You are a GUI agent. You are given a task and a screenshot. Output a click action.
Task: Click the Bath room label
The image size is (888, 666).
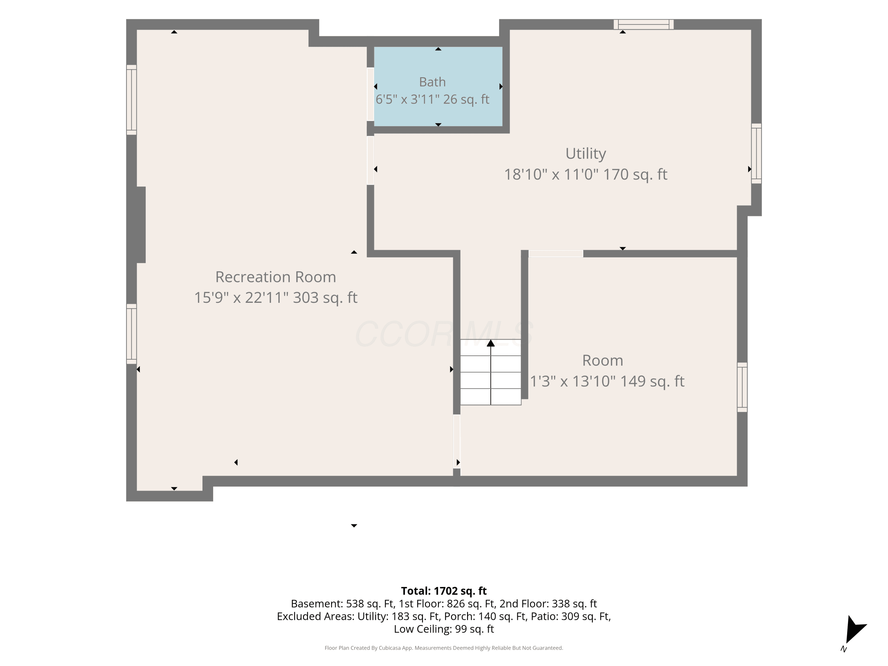point(432,82)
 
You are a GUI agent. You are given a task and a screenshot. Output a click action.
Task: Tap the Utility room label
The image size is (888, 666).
point(586,154)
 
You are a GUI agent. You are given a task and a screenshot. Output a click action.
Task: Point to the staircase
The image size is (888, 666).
point(490,372)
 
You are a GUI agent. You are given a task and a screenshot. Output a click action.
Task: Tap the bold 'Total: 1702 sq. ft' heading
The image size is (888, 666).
point(444,591)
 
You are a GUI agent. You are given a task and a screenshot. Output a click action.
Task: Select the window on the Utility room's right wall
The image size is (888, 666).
point(756,153)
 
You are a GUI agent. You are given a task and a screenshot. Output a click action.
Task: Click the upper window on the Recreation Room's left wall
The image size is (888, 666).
point(132,99)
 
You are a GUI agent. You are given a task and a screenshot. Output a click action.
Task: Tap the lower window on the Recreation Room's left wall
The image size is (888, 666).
point(132,334)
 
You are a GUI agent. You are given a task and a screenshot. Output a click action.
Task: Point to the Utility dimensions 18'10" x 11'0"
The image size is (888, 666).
point(551,175)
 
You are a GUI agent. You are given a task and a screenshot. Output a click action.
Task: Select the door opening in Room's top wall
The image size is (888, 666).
point(556,254)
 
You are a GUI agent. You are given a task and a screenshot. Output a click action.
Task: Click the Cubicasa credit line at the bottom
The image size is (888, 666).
point(444,648)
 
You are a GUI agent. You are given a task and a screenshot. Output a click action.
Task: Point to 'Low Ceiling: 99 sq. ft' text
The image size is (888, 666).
point(444,629)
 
